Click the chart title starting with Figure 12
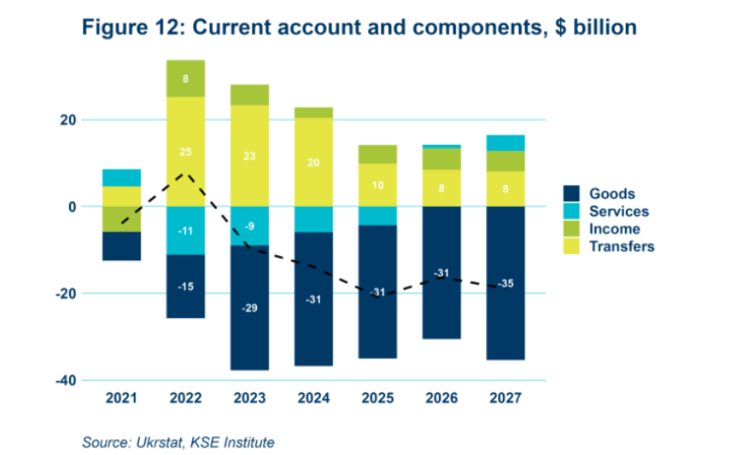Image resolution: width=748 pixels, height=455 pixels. coord(359,28)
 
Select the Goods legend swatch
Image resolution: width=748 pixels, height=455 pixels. coord(572,194)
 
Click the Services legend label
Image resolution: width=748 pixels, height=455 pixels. coord(619,211)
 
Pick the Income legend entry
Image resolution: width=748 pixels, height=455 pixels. coord(613,229)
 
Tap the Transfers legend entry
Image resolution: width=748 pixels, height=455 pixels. coord(621,246)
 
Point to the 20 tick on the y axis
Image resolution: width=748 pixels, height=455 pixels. coord(67,120)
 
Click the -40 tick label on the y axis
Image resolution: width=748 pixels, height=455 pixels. coord(64,380)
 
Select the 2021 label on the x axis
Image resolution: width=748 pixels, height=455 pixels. coord(122,398)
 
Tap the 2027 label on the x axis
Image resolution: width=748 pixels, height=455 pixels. coord(505,398)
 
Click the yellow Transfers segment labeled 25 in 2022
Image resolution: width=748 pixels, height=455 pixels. coord(185,151)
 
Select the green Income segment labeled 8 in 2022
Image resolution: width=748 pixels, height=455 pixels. coord(185,78)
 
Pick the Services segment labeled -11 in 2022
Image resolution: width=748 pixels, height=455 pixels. coord(185,231)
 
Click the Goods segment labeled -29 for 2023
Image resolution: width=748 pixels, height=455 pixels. coord(249,307)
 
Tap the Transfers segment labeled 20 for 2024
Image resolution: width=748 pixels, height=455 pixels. coord(313,162)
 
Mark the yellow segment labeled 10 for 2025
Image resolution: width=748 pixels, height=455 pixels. coord(377,185)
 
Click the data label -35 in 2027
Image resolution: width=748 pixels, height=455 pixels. coord(505,284)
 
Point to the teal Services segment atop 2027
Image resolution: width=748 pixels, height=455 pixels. coord(505,143)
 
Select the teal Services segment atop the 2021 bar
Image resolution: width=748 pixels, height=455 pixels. coord(122,177)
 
